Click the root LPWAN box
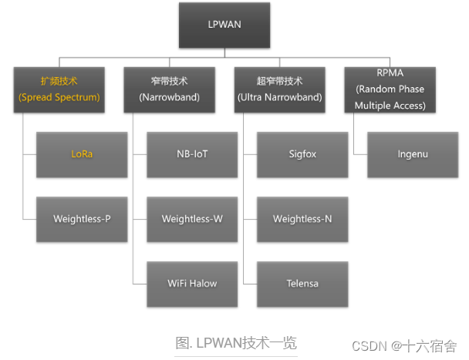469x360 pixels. click(x=224, y=25)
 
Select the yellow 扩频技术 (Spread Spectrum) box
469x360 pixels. click(x=59, y=89)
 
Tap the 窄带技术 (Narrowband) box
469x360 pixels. click(x=170, y=89)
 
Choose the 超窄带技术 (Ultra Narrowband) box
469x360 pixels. click(x=279, y=89)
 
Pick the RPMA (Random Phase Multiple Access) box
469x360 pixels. click(x=390, y=89)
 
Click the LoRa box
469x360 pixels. click(x=82, y=154)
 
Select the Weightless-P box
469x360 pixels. click(x=82, y=219)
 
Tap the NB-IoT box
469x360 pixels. click(x=192, y=154)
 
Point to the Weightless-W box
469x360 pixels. click(x=192, y=219)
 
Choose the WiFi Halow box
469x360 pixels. click(x=192, y=283)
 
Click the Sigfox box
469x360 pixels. click(x=302, y=154)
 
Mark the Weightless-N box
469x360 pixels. click(x=302, y=219)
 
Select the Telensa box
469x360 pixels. click(x=302, y=283)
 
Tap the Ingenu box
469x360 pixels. click(x=412, y=154)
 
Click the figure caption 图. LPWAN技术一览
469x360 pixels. click(x=235, y=342)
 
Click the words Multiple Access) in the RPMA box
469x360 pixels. click(x=390, y=106)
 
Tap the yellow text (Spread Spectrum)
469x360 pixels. click(x=59, y=98)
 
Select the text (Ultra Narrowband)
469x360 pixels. click(x=279, y=98)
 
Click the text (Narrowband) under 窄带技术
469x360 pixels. click(x=170, y=98)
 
